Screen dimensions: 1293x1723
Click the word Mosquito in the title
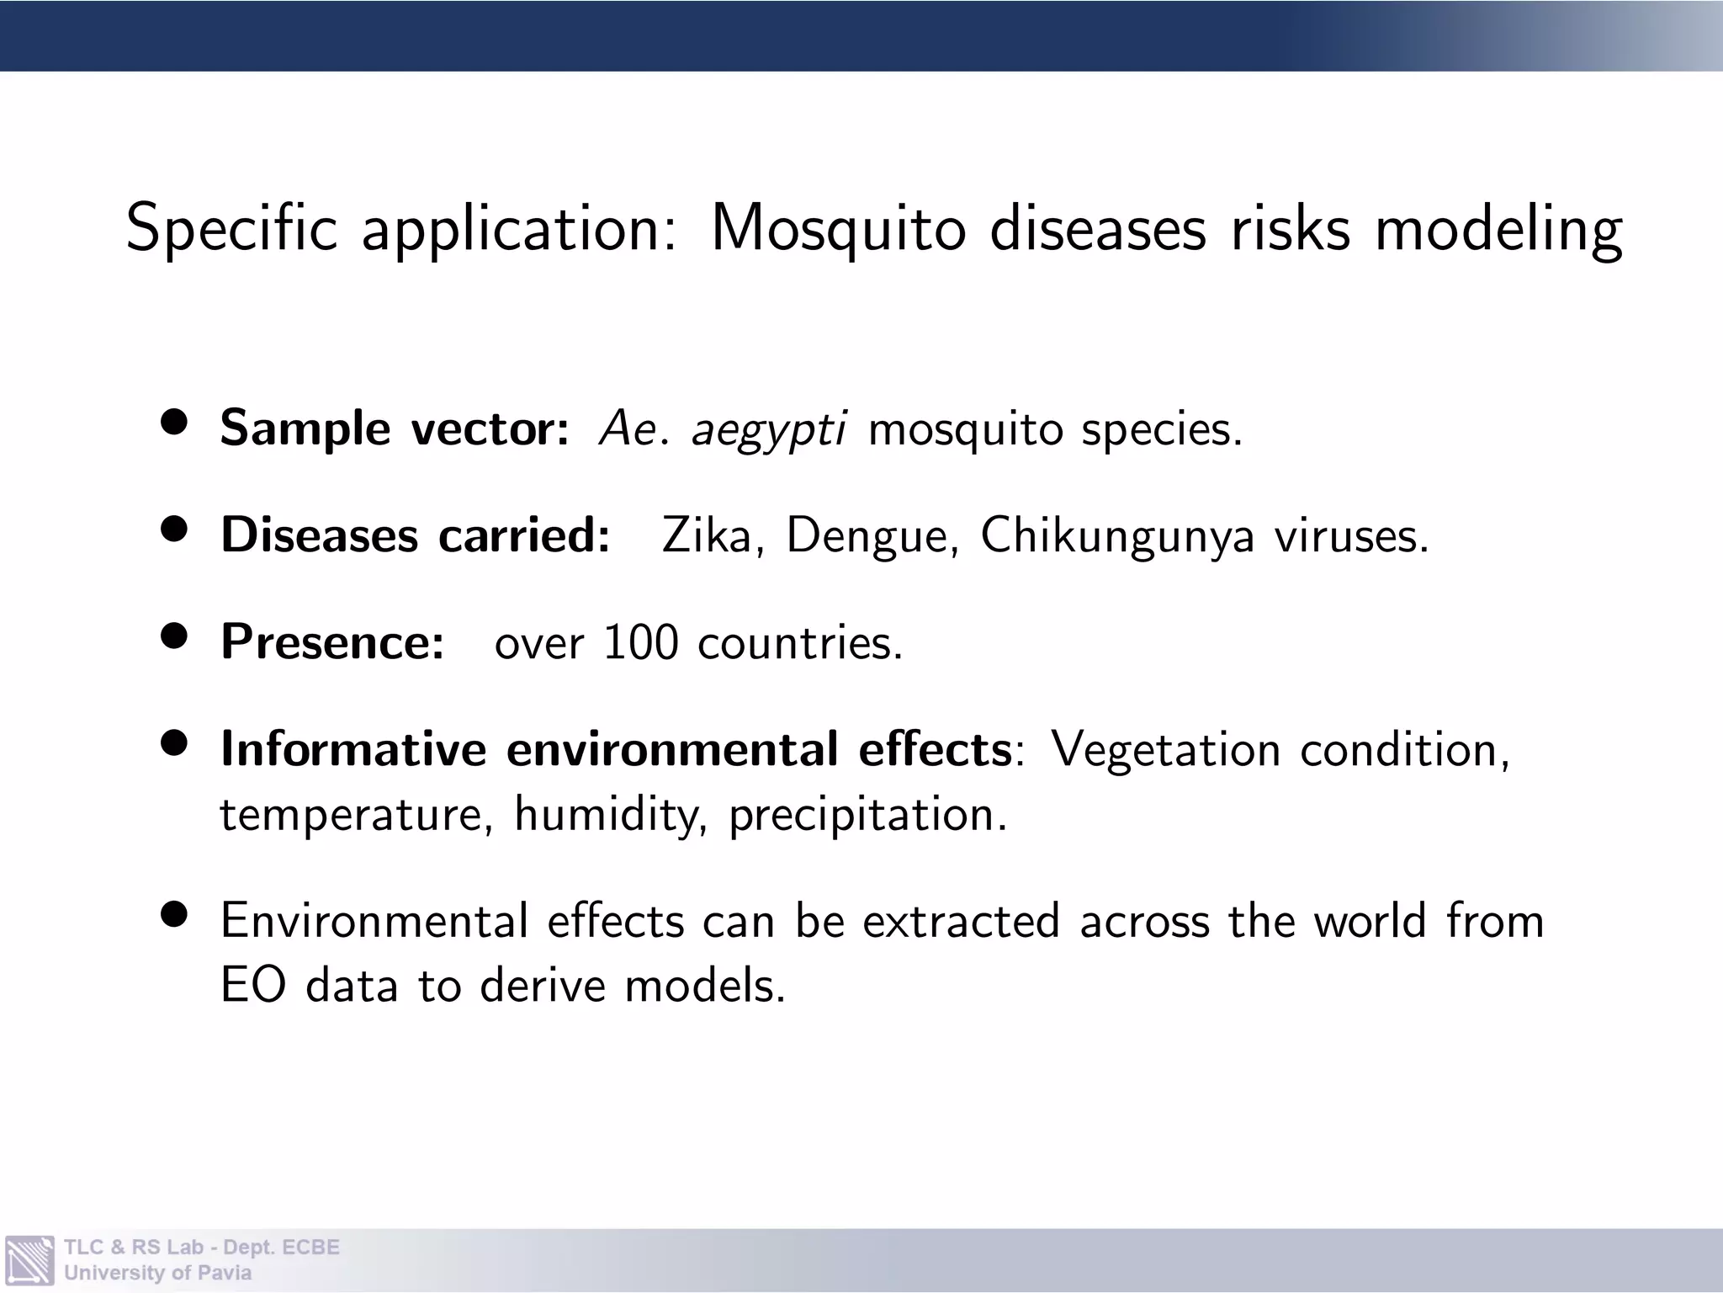(x=838, y=229)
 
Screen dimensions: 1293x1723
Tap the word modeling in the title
(x=1498, y=229)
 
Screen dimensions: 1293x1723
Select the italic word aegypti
(x=768, y=429)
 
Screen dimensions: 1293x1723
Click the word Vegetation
(x=1166, y=750)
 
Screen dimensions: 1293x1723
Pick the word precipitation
(x=867, y=816)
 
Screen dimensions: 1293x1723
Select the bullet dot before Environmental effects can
(x=175, y=914)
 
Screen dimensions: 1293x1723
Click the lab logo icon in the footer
(x=29, y=1259)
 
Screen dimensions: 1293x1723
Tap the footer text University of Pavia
(x=157, y=1273)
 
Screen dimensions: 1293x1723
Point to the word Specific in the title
(x=231, y=229)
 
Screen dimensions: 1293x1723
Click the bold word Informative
(x=353, y=749)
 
